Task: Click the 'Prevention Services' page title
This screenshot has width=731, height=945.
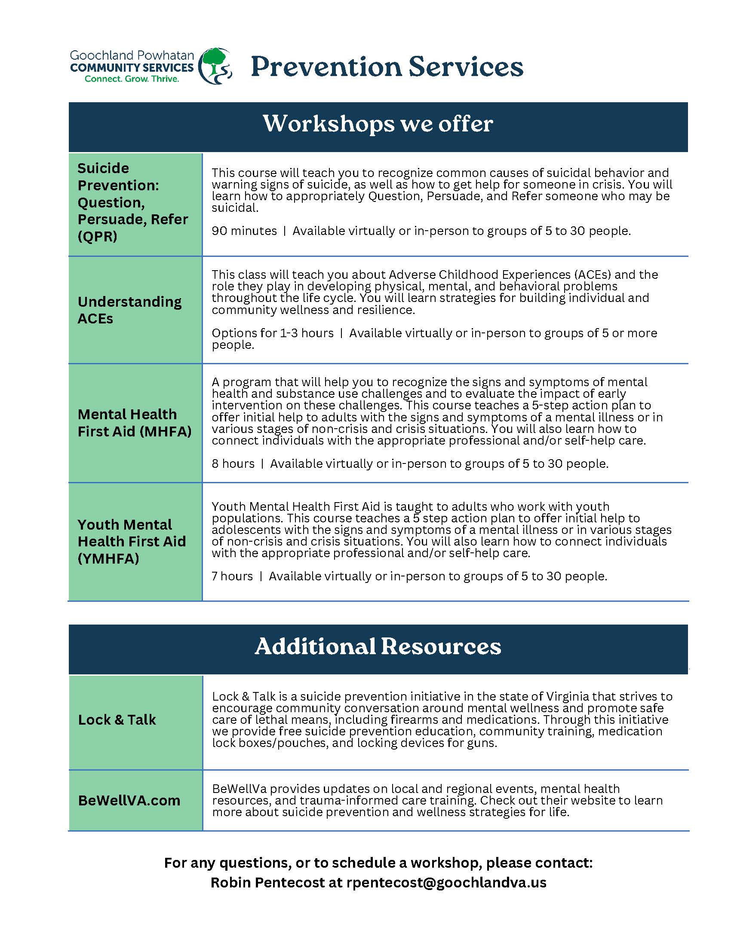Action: (387, 67)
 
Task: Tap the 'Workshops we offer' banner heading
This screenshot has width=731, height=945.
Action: (378, 124)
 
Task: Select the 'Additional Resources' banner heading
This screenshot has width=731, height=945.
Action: (378, 646)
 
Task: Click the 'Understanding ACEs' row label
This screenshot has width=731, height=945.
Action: (129, 310)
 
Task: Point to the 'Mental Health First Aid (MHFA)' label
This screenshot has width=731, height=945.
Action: (134, 423)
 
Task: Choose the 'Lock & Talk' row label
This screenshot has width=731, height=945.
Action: (117, 719)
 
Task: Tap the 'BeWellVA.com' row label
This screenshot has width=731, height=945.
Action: (129, 801)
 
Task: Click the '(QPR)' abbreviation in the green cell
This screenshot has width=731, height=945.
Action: (98, 237)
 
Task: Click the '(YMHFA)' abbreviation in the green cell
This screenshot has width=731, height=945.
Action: (108, 558)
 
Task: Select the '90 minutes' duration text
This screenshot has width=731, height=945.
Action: (244, 231)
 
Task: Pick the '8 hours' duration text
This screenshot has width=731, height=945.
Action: (233, 464)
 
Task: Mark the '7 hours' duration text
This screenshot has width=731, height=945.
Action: (232, 576)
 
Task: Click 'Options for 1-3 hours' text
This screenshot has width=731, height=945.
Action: (272, 333)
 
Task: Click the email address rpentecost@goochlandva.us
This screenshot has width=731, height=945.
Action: (446, 882)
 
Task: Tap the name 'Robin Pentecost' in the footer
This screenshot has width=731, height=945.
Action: (267, 882)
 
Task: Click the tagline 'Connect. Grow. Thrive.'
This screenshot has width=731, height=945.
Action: (132, 79)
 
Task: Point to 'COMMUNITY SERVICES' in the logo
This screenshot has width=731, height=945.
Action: (132, 67)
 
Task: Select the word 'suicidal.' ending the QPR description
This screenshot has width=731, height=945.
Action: (235, 208)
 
